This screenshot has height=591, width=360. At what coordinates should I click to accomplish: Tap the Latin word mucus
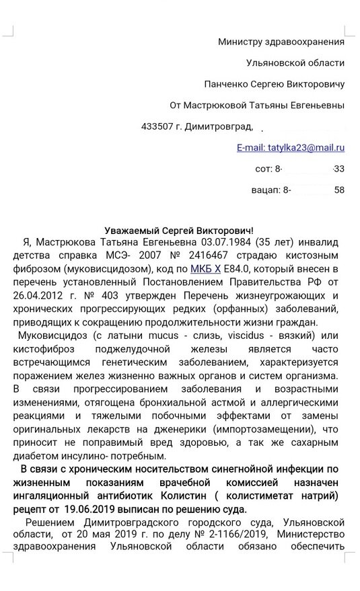(x=144, y=336)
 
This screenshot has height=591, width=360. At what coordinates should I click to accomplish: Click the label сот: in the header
(x=266, y=168)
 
